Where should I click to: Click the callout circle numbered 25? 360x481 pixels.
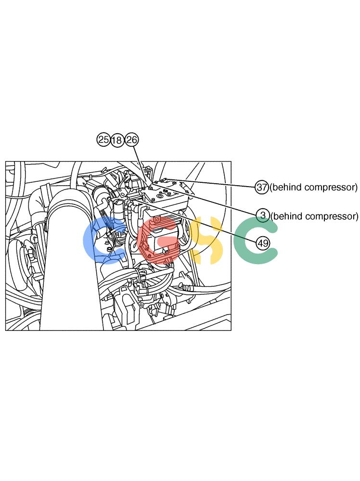coord(103,140)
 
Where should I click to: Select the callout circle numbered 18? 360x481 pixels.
coord(116,140)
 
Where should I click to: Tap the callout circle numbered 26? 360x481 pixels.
coord(132,140)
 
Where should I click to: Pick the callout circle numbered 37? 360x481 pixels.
coord(262,187)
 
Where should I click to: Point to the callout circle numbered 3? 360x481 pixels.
coord(263,215)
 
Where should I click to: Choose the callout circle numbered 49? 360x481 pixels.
coord(263,243)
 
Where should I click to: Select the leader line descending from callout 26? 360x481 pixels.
coord(141,164)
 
